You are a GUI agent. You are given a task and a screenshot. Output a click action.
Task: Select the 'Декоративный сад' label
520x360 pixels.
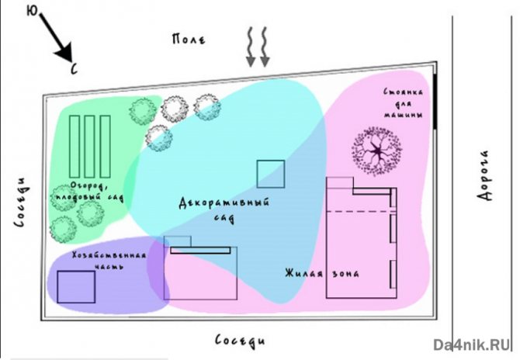pos(224,210)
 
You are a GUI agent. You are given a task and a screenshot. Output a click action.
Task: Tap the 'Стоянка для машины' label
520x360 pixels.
pos(403,103)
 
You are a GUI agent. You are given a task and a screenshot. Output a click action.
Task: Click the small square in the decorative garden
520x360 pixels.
pos(271,175)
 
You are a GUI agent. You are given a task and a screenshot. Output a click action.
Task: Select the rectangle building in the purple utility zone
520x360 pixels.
pos(76,287)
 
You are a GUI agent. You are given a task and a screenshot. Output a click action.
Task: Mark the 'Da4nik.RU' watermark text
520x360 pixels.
pos(473,344)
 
